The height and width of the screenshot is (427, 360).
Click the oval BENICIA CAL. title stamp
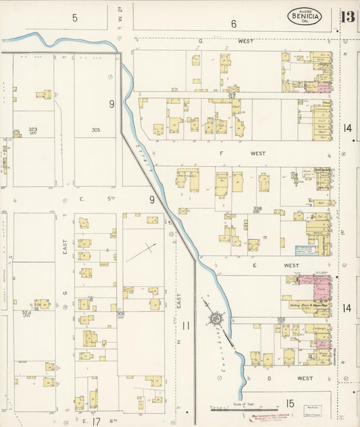305,16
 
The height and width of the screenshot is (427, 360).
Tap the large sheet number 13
348,16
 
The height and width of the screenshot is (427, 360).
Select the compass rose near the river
215,318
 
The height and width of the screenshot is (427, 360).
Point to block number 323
33,129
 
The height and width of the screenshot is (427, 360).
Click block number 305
96,130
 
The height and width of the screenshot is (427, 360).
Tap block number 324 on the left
27,313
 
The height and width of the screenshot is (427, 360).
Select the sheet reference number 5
75,18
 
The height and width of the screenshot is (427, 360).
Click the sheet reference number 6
234,24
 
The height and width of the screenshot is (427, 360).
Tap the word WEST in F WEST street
257,153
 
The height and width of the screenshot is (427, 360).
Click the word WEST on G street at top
246,41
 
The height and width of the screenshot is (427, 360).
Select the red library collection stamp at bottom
272,417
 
